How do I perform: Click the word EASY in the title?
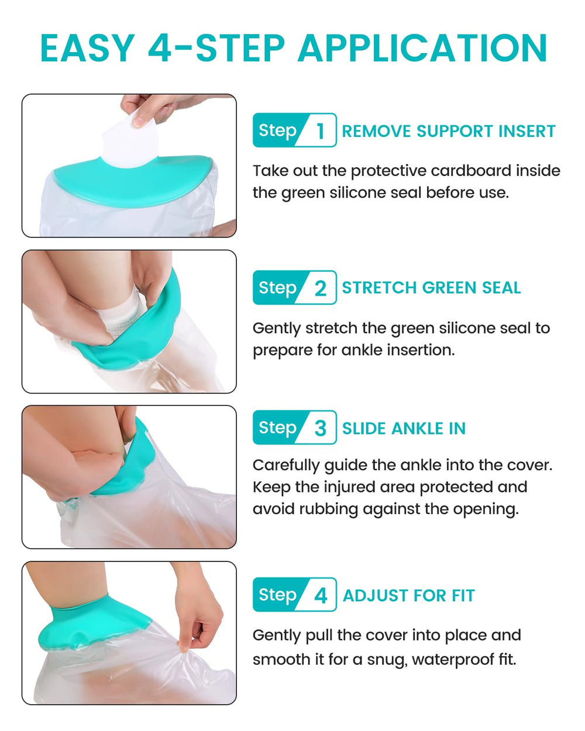point(88,48)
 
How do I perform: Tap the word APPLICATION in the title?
point(422,48)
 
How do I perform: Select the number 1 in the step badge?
point(320,131)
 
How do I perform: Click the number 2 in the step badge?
point(320,288)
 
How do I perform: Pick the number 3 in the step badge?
point(320,428)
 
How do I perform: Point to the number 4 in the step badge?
point(321,595)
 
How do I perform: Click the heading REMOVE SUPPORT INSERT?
point(449,132)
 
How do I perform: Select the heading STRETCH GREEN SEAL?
point(431,288)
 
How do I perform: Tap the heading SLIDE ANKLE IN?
point(404,428)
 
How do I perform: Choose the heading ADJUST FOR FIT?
point(408,595)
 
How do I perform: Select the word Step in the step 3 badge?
point(277,428)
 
